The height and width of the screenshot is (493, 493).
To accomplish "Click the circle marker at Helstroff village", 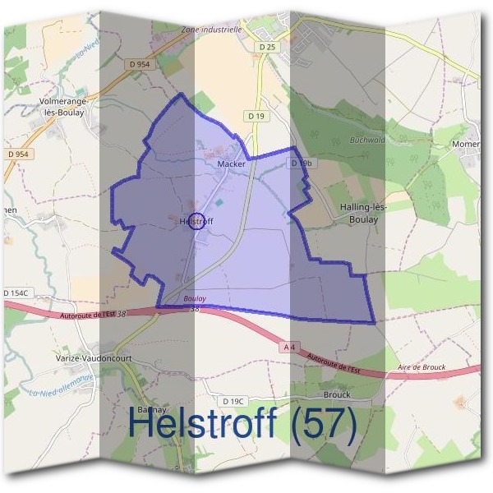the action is tap(196, 221).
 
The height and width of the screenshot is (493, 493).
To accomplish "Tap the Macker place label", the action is tap(231, 164).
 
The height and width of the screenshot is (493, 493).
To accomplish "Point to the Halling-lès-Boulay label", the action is tap(359, 214).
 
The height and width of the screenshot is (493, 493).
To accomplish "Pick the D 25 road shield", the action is tap(267, 48).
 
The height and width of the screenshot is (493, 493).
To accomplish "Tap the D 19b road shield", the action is tap(302, 164).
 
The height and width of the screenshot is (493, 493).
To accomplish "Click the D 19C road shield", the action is tap(233, 401).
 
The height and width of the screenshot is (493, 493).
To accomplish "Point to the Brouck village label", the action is tap(337, 394).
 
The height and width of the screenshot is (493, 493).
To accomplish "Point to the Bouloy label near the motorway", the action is tap(195, 298).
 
